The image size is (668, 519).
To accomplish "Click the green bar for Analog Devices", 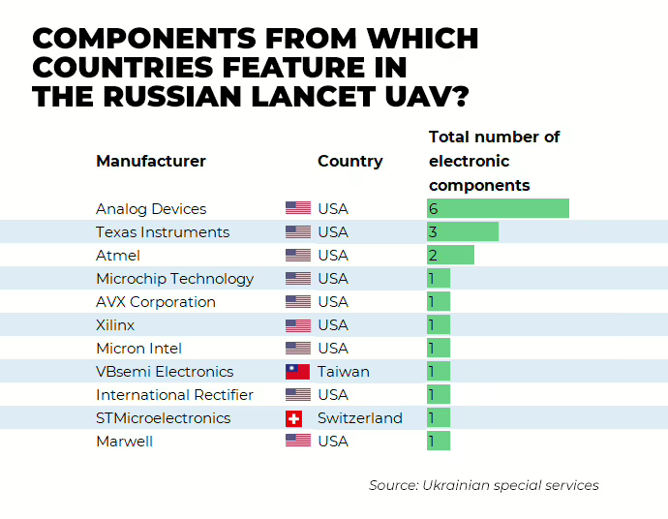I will [498, 208].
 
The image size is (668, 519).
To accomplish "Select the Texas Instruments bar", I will [463, 231].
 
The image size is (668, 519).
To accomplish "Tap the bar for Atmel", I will [450, 255].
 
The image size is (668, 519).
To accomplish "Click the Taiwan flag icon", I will [297, 372].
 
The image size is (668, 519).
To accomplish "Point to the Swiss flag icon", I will [294, 418].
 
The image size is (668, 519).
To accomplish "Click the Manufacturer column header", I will [150, 161].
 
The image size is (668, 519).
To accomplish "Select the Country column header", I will [349, 161].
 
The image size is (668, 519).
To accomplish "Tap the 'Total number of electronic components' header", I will [494, 161].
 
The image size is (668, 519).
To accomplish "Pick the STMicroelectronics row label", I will [163, 418].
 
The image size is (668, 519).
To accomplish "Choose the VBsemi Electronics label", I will [165, 372].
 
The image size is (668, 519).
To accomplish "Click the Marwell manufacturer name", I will [124, 442].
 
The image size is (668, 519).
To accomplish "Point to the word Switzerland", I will [359, 418].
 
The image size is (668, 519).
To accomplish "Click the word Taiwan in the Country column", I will [343, 372].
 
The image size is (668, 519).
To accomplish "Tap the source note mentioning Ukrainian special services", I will [483, 485].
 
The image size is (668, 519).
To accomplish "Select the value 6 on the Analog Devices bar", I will [434, 209].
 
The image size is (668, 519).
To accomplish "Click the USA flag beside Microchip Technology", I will [297, 279].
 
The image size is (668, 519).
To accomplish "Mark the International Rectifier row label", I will [174, 395].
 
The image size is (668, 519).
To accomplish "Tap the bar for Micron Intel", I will [439, 349].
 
